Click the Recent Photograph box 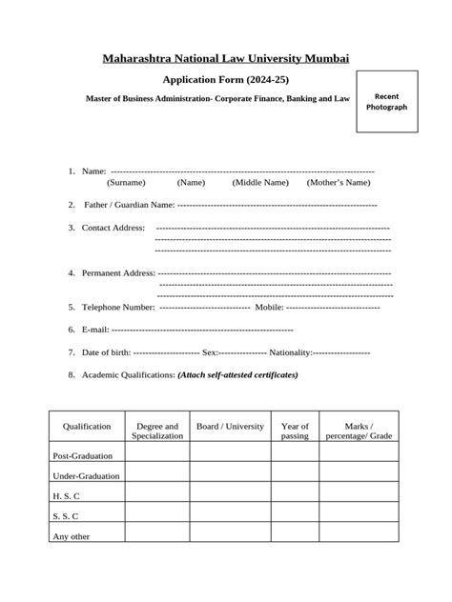(390, 102)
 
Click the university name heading (226, 59)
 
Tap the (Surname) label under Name (126, 182)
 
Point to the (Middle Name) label (259, 182)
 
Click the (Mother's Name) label (338, 182)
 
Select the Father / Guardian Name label (129, 205)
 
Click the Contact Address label (113, 228)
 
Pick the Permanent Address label (118, 273)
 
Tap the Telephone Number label (118, 308)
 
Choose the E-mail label (95, 330)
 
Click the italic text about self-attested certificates (237, 375)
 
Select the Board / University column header (229, 427)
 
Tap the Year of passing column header (295, 431)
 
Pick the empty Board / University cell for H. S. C (229, 495)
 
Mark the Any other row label (72, 535)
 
